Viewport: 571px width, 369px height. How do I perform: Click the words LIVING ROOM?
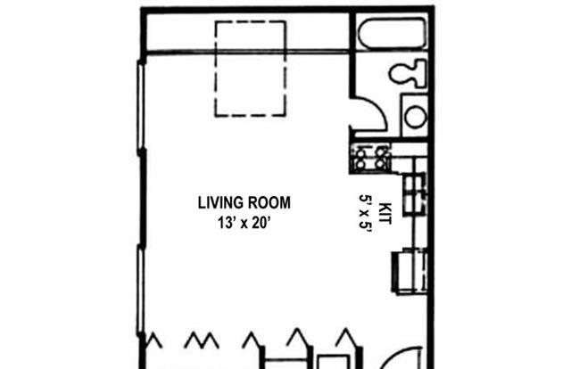tap(244, 202)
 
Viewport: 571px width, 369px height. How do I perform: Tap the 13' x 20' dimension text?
tap(244, 222)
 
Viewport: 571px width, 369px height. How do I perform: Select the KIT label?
tap(385, 214)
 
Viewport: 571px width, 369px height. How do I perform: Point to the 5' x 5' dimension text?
tap(365, 213)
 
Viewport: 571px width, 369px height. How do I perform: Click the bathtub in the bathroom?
tap(393, 33)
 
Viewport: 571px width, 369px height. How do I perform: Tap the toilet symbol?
tap(408, 73)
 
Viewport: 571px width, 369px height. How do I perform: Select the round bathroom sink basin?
tap(416, 117)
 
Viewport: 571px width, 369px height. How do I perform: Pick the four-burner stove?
tap(370, 158)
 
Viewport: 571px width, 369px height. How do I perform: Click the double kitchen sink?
tap(415, 194)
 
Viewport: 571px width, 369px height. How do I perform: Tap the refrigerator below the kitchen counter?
tap(410, 270)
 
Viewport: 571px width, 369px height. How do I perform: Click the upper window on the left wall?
tap(141, 107)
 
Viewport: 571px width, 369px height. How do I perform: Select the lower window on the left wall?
tap(140, 291)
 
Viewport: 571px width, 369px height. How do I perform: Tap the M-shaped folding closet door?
tap(202, 340)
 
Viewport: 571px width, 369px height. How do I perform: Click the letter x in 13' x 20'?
tap(244, 224)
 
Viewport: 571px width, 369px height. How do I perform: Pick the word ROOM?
tap(269, 202)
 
